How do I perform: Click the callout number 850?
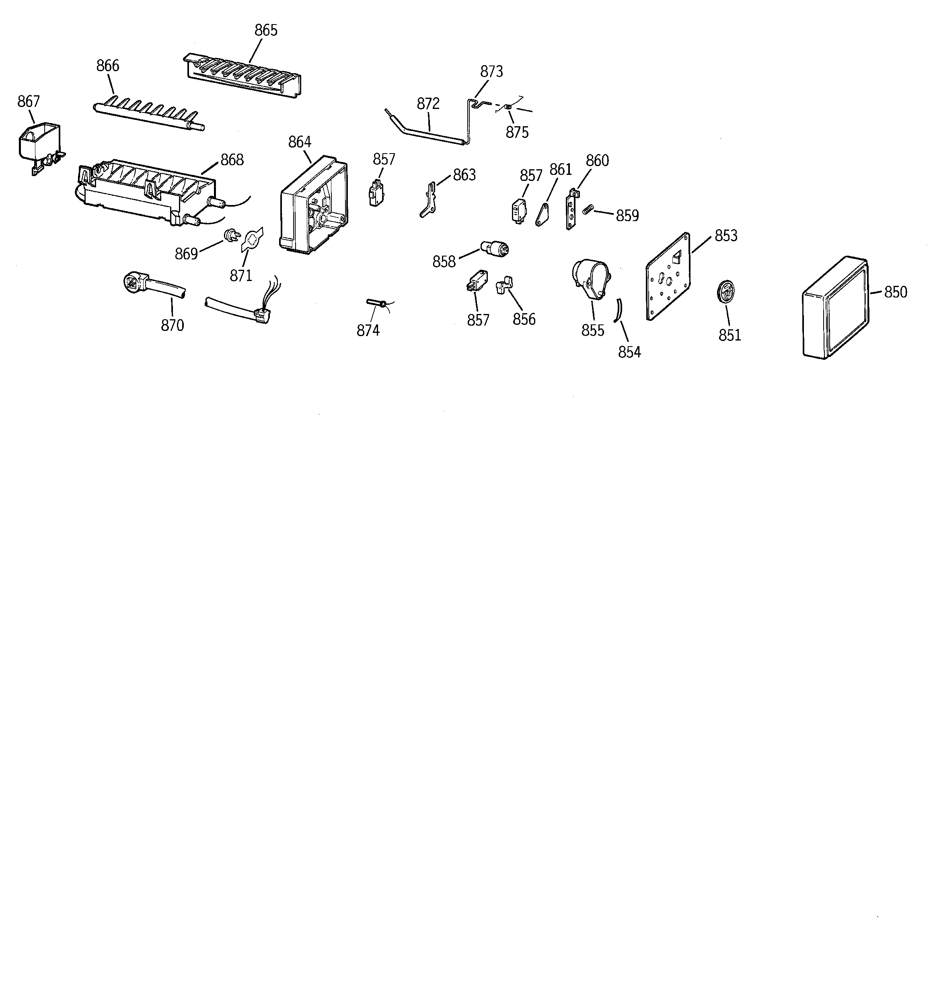click(896, 292)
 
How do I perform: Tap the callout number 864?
click(300, 142)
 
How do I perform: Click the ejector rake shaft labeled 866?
click(149, 116)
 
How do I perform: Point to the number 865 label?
click(266, 31)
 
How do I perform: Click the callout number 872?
click(428, 104)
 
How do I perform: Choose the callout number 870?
click(172, 325)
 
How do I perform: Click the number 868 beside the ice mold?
click(232, 160)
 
